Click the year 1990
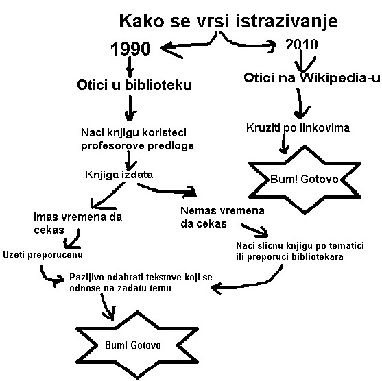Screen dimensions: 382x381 pos(130,49)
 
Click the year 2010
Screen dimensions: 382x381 pos(302,45)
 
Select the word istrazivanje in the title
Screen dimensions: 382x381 pos(287,21)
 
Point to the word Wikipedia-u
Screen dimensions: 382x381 pos(339,77)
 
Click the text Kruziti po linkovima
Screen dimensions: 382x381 pos(298,128)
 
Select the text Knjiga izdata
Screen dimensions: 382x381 pos(119,175)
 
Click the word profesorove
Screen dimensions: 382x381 pos(112,146)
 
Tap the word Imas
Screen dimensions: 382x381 pos(46,217)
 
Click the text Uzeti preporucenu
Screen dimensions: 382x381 pos(43,255)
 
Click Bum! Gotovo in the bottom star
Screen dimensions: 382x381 pos(133,345)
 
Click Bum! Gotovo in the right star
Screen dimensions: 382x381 pos(305,179)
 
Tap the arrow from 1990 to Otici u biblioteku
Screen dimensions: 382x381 pos(130,67)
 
